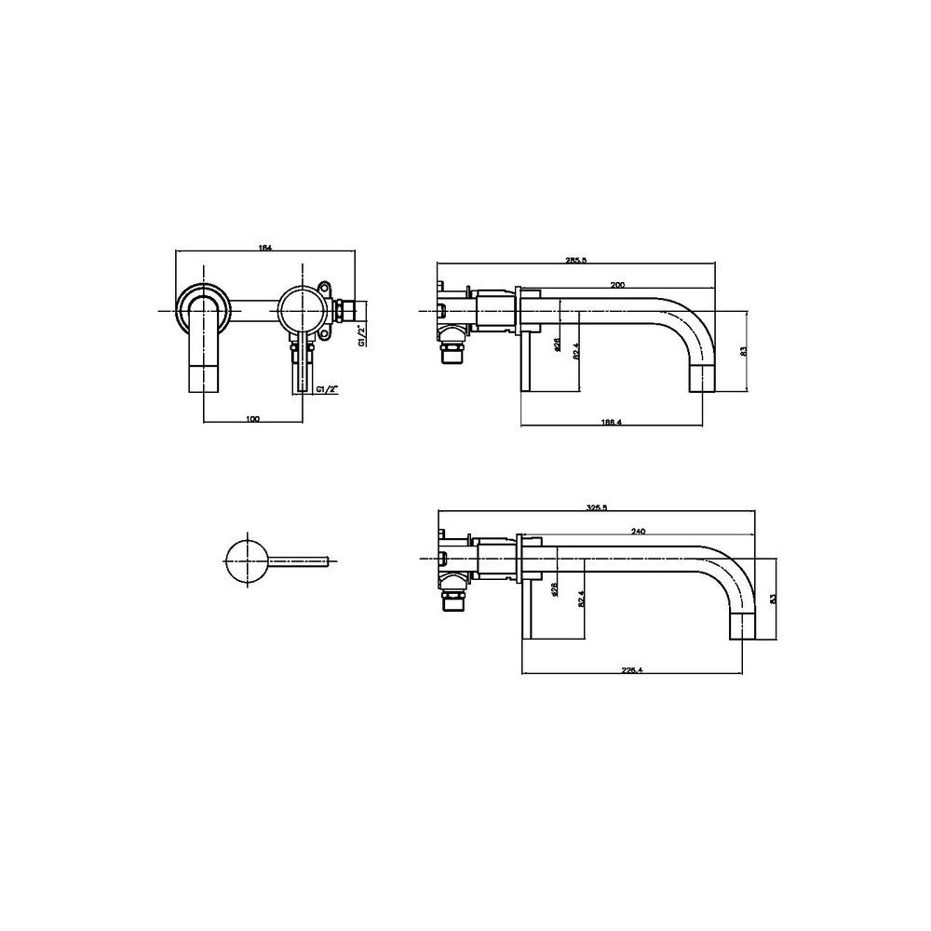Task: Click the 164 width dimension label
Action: tap(264, 247)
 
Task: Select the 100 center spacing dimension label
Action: tap(252, 419)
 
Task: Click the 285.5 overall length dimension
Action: tap(576, 262)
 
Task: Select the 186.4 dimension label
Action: tap(612, 422)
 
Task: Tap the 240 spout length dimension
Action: tap(638, 531)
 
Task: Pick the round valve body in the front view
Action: tap(302, 307)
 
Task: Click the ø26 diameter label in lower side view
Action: tap(553, 589)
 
